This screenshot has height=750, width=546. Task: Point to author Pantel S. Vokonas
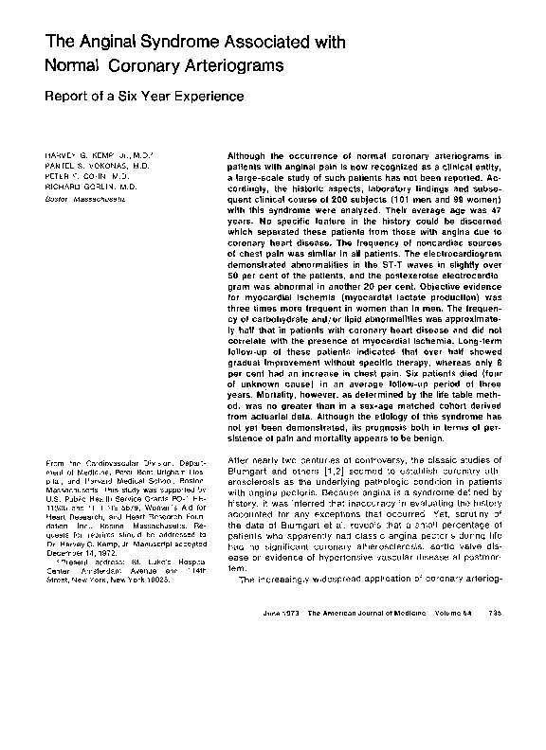point(88,164)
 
